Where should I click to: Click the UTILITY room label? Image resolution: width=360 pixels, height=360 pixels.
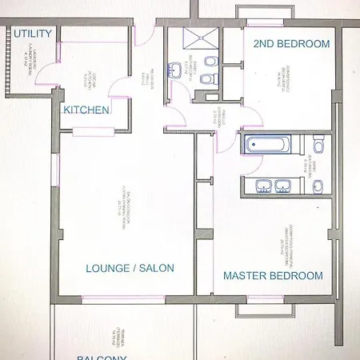33,34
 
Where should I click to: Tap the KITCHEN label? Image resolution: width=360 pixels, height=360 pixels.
86,110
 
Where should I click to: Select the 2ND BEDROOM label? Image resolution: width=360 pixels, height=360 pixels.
291,45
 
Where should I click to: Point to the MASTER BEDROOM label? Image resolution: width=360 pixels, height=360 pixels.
273,276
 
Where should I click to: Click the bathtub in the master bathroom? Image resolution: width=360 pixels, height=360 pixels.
268,146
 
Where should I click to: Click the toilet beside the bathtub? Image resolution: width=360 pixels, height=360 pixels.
318,146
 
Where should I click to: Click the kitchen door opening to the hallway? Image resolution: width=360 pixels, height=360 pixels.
120,88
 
